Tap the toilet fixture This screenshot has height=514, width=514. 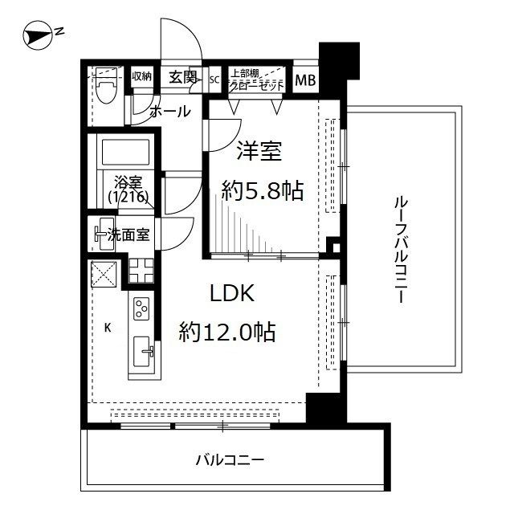105,87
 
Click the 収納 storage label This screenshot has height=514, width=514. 141,77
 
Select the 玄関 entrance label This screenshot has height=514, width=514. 183,77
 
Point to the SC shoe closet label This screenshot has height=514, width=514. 214,80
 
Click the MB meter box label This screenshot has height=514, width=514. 305,80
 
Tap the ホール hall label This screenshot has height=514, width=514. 170,111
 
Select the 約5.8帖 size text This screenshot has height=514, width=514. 262,190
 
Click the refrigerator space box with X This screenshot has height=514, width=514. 104,274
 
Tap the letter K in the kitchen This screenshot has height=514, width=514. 107,328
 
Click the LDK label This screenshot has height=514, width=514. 232,294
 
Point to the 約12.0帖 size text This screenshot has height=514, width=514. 227,331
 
